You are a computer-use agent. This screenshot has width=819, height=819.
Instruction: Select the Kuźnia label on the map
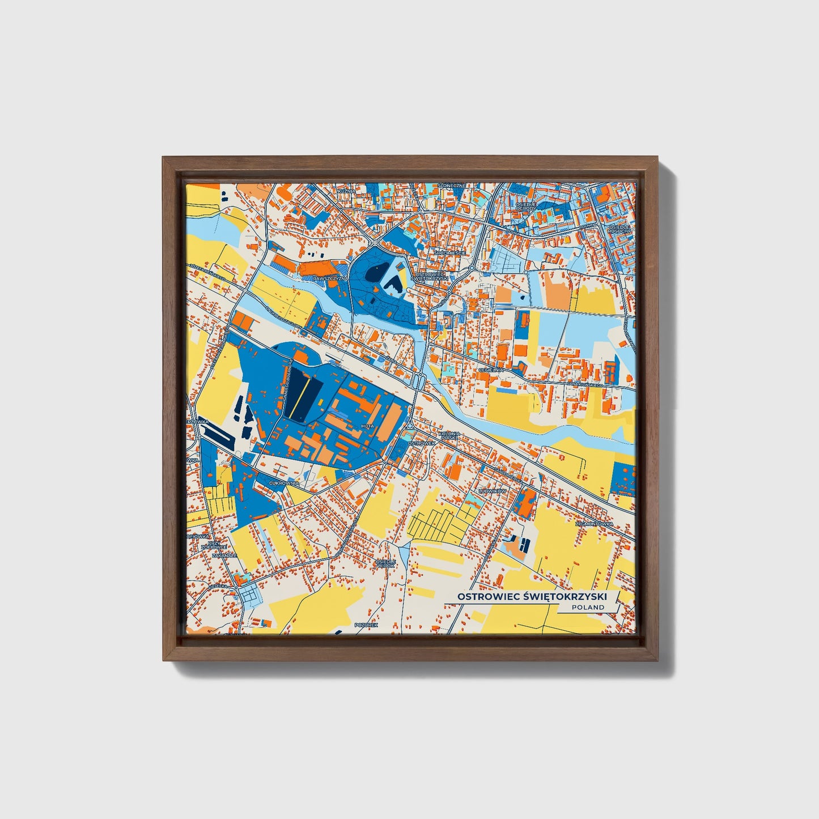[345, 192]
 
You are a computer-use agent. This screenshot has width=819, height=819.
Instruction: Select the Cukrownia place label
[284, 483]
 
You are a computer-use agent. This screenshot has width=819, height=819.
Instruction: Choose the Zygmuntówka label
[594, 524]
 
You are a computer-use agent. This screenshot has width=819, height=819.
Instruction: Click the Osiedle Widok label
[385, 563]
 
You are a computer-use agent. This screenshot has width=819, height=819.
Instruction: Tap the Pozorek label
[366, 625]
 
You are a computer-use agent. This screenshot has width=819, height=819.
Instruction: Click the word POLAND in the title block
[588, 607]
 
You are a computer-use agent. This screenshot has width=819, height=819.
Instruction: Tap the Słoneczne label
[452, 185]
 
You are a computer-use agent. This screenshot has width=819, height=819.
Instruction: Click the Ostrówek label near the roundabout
[422, 443]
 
